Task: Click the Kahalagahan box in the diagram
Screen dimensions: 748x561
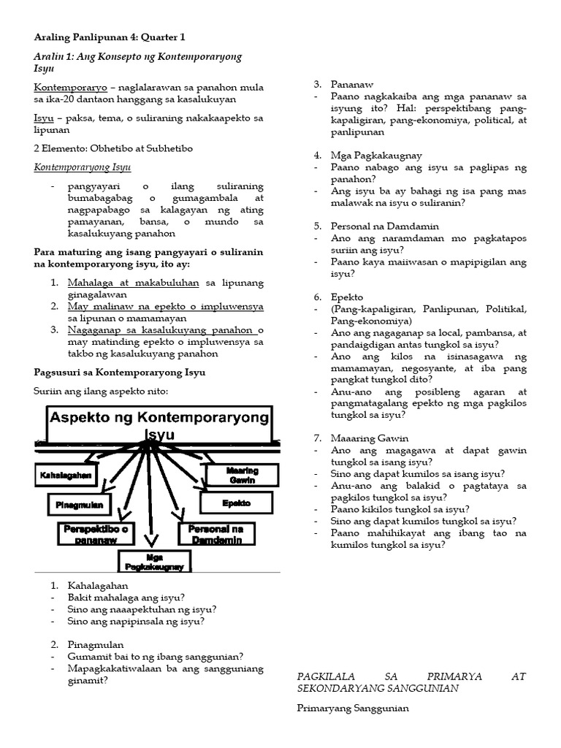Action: (x=65, y=476)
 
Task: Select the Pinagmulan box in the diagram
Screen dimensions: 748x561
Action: (x=79, y=504)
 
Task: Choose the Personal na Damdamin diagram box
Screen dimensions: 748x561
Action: (x=220, y=533)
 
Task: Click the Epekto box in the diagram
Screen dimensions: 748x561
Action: (x=236, y=503)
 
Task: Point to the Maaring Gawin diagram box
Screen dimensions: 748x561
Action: (x=242, y=475)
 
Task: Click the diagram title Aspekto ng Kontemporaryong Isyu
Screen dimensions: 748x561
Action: (x=159, y=424)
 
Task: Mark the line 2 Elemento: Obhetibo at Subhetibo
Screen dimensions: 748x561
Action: (x=113, y=148)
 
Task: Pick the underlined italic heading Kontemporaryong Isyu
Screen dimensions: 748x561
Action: (x=83, y=167)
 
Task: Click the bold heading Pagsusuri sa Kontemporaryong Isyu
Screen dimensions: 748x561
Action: (x=120, y=373)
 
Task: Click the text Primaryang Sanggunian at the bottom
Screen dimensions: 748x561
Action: (x=353, y=708)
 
